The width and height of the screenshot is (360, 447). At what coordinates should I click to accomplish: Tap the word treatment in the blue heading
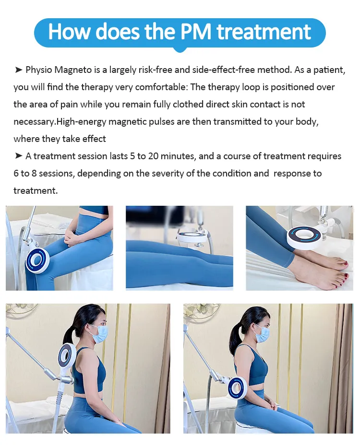(264, 32)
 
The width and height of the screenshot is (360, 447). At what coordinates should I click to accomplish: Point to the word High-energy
(81, 122)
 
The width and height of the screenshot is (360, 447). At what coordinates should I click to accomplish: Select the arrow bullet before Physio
(19, 70)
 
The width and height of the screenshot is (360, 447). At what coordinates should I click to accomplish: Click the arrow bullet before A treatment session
(19, 156)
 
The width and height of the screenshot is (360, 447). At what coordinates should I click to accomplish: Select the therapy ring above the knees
(192, 236)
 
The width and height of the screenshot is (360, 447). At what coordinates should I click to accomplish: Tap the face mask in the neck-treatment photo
(96, 333)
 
